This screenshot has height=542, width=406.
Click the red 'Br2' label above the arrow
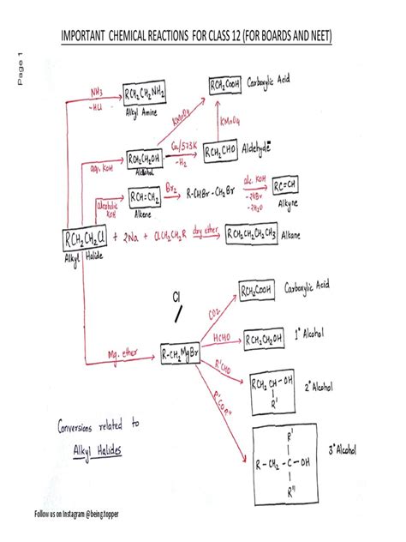click(x=195, y=184)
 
